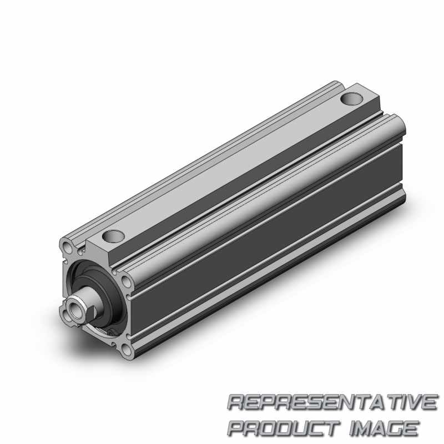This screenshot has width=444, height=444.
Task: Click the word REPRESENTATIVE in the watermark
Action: [332, 402]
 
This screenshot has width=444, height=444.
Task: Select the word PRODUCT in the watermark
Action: [284, 428]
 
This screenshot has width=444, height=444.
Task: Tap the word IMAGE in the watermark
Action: [384, 428]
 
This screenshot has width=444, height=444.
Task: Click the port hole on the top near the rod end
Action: [114, 236]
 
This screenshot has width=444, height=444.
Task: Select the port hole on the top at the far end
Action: [351, 99]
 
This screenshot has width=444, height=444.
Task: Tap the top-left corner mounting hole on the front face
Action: [68, 248]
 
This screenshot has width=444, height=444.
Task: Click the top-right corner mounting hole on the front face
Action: [126, 281]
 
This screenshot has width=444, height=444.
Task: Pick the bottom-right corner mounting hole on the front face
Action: [128, 350]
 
